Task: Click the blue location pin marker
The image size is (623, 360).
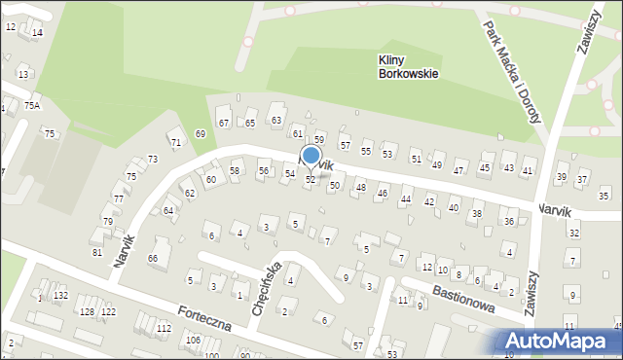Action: (x=311, y=156)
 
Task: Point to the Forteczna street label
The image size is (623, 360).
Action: (x=203, y=317)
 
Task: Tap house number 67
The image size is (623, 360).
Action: (x=224, y=123)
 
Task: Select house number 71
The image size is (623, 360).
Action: (x=176, y=143)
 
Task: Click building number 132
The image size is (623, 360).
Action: (x=60, y=295)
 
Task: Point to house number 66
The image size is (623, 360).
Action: (x=153, y=258)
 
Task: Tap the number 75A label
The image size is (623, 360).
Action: (x=32, y=105)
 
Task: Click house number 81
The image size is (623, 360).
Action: (x=96, y=253)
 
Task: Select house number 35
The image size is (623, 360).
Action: (x=604, y=197)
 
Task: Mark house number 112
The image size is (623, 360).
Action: (x=164, y=329)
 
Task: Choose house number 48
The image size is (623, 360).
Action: (x=360, y=187)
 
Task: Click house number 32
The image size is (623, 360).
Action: (x=574, y=234)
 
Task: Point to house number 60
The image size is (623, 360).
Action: (x=210, y=180)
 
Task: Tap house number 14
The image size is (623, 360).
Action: (x=37, y=33)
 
